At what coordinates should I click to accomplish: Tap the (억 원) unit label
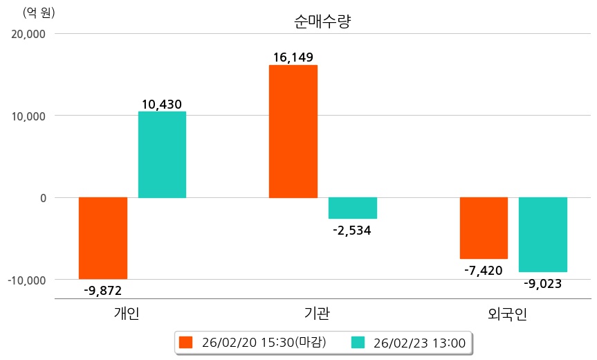point(39,13)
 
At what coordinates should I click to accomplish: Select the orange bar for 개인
point(103,238)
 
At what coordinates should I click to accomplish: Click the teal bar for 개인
point(162,154)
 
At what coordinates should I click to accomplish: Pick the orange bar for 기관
point(293,132)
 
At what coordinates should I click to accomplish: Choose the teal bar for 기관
point(352,208)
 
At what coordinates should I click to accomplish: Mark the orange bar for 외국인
point(484,228)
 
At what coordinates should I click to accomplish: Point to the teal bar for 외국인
point(543,235)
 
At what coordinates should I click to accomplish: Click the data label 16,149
point(293,57)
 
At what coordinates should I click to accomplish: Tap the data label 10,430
point(162,105)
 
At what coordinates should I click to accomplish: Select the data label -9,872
point(102,290)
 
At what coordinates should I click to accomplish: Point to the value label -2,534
point(352,231)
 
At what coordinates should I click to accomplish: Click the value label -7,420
point(484,270)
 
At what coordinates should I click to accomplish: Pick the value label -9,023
point(543,283)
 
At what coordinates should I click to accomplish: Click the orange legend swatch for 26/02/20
point(185,342)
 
